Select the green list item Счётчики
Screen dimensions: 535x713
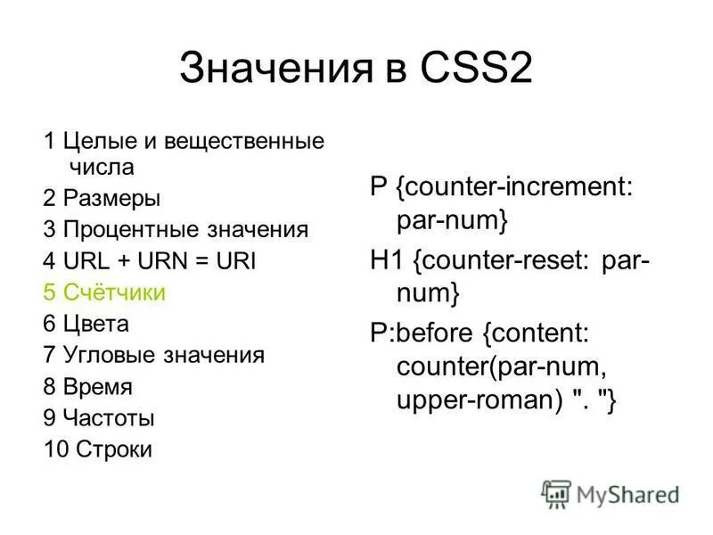pyautogui.click(x=114, y=292)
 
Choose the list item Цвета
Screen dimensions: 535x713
pyautogui.click(x=96, y=324)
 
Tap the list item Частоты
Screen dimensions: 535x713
pyautogui.click(x=109, y=417)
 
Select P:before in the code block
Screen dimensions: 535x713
pyautogui.click(x=423, y=333)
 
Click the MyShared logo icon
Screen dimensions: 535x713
pyautogui.click(x=556, y=493)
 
